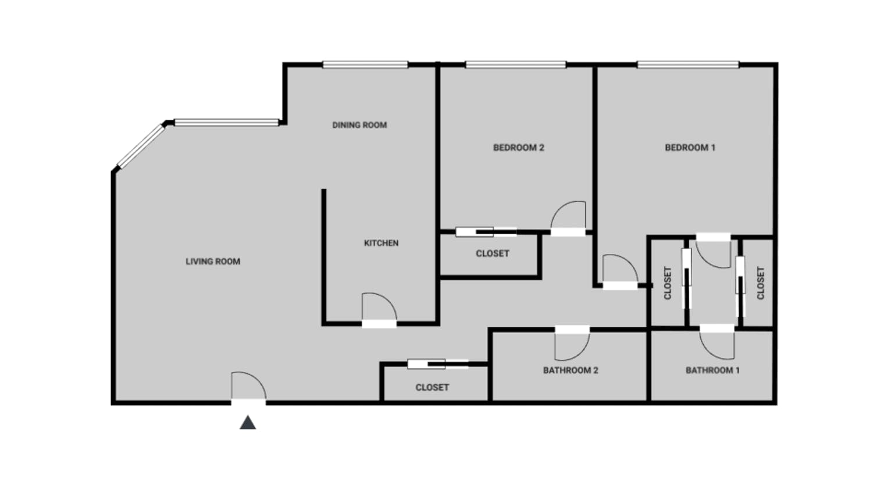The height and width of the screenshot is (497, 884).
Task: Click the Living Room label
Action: [213, 262]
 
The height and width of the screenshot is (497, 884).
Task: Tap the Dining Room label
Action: [359, 125]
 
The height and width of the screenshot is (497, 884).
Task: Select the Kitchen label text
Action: [382, 243]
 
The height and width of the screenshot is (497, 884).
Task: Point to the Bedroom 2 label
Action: [519, 148]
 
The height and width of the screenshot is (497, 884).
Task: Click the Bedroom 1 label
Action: [690, 148]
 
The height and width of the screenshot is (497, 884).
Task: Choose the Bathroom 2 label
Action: [571, 370]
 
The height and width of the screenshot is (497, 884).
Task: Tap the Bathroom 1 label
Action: [713, 370]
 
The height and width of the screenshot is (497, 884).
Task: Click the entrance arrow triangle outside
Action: [248, 423]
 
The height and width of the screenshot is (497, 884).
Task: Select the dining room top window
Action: [365, 65]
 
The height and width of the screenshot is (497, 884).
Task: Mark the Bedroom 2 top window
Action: [516, 65]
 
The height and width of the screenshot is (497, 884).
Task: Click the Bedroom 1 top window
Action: [688, 65]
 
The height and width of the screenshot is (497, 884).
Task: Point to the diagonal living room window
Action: [141, 146]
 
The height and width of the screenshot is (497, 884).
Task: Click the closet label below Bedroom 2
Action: [493, 253]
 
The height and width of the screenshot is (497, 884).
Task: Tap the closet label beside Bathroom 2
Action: [432, 388]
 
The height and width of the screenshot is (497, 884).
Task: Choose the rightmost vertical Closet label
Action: [761, 283]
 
